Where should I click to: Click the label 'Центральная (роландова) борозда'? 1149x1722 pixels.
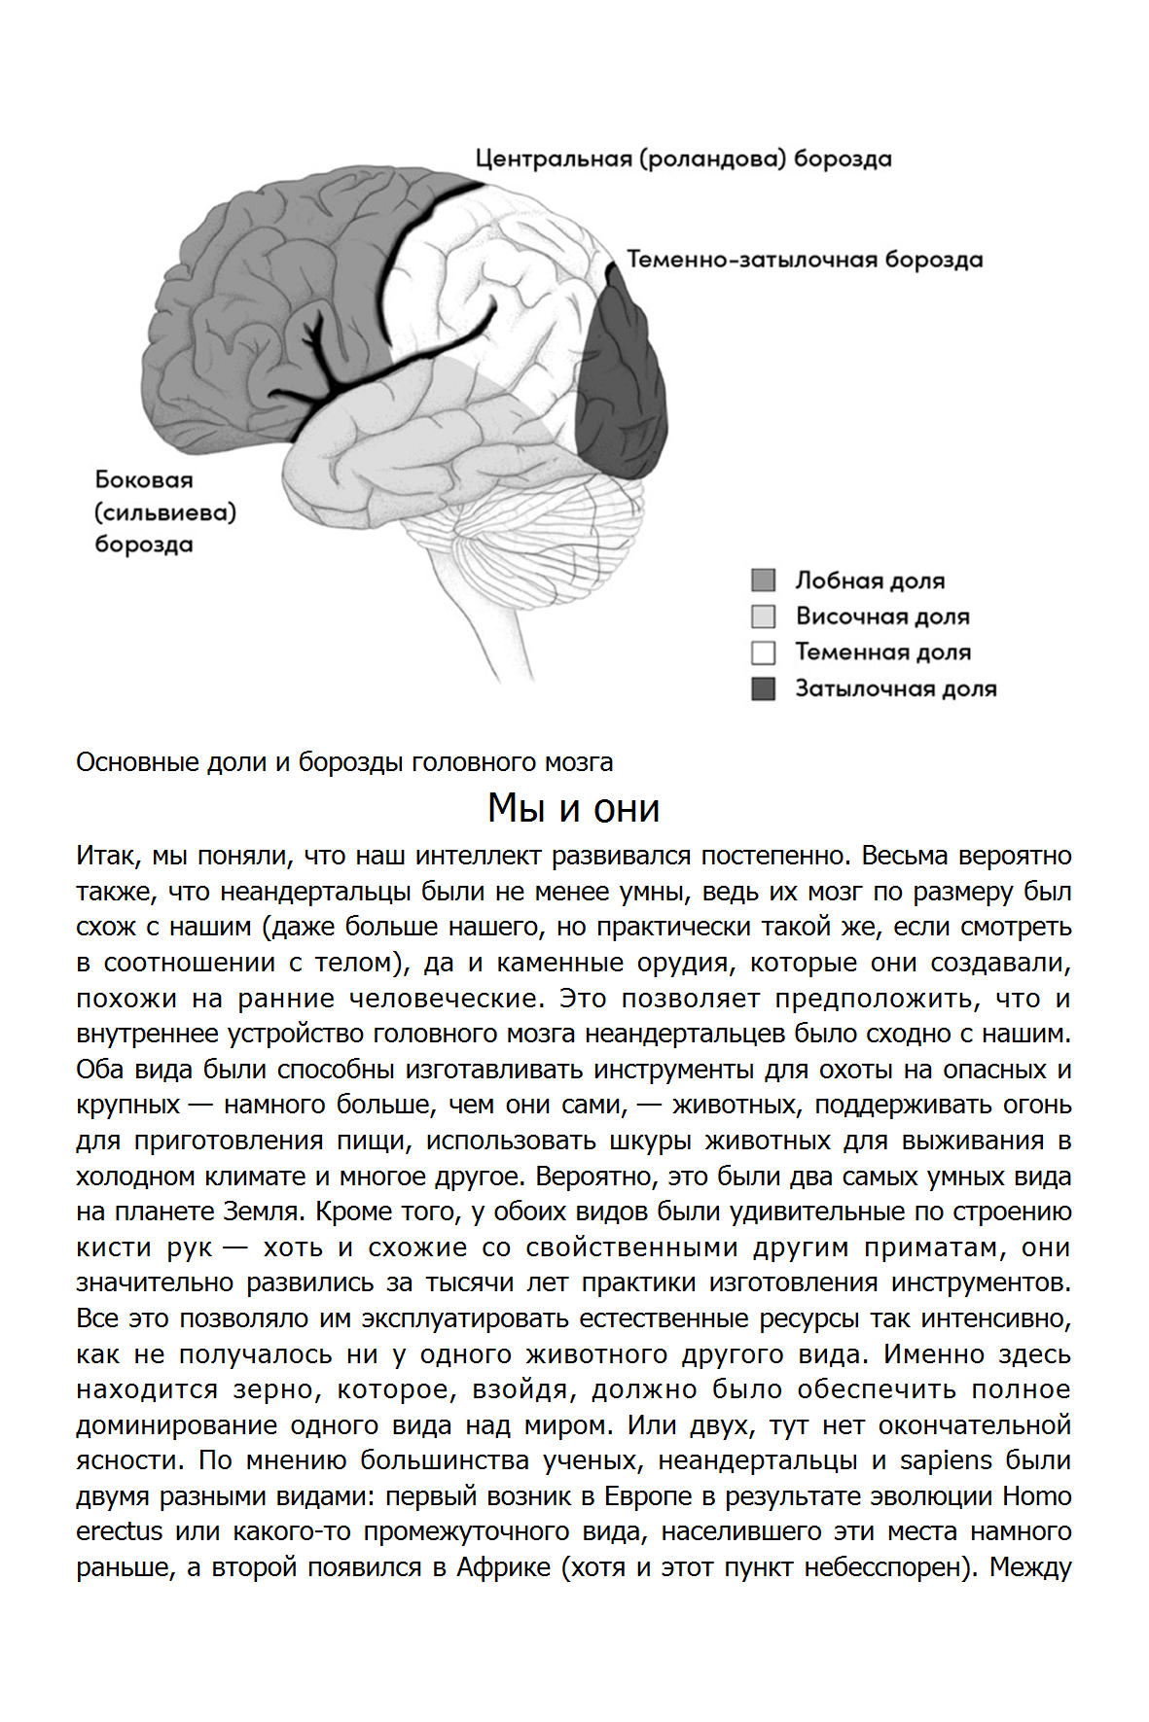[x=683, y=158]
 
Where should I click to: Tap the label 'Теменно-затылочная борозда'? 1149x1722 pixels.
[x=805, y=260]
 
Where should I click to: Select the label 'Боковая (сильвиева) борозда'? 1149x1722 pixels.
[x=164, y=511]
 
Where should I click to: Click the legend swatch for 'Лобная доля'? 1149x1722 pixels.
[x=764, y=580]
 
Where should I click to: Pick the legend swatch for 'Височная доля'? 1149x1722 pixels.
[x=764, y=616]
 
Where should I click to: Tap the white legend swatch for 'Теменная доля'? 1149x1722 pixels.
[x=764, y=652]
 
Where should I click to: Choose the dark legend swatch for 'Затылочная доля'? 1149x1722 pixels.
[x=764, y=688]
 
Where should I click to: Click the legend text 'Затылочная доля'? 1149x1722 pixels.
[x=895, y=688]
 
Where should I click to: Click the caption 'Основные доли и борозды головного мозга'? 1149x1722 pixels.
[x=344, y=762]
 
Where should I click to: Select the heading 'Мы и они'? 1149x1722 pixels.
[x=574, y=808]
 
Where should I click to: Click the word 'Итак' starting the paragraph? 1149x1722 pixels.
[x=106, y=856]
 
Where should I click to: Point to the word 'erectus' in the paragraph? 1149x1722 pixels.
[x=120, y=1531]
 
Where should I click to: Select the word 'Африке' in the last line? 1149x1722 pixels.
[x=504, y=1567]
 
